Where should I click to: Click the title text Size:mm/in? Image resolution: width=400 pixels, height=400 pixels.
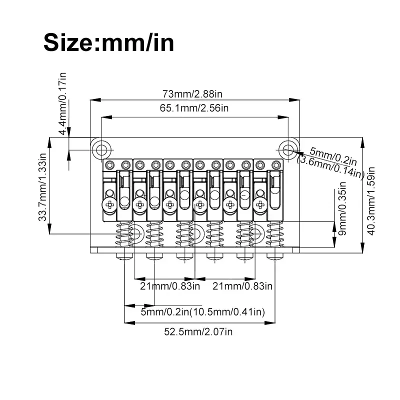tap(109, 42)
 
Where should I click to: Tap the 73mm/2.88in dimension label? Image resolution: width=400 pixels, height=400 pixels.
tap(192, 94)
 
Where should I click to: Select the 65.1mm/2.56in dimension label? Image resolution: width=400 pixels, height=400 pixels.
tap(194, 108)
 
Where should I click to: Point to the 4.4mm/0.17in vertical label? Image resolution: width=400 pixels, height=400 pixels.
tap(63, 103)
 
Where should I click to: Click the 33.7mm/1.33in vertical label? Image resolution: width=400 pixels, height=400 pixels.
tap(42, 187)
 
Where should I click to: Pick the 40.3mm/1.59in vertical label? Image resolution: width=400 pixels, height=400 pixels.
tap(370, 201)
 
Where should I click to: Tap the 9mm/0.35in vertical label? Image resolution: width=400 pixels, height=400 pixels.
tap(342, 208)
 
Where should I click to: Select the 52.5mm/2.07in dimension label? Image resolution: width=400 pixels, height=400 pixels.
tap(198, 332)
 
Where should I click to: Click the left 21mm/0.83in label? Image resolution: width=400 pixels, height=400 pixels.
tap(170, 286)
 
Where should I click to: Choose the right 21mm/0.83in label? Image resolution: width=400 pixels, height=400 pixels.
tap(242, 286)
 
